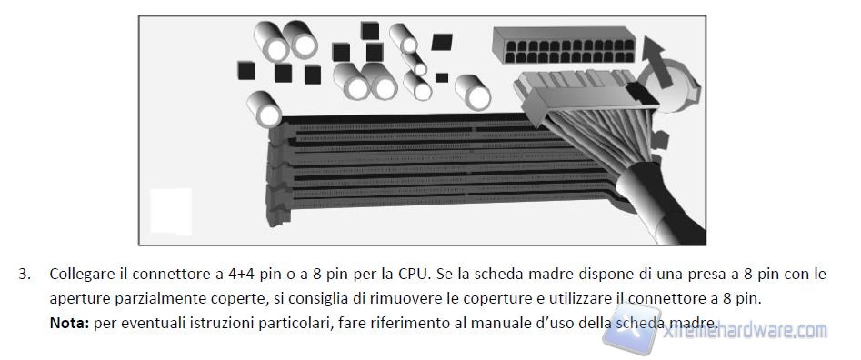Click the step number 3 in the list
pos(25,275)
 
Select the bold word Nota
pos(69,323)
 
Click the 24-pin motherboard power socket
pos(564,45)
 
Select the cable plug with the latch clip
pos(585,97)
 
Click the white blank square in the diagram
pos(171,211)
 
